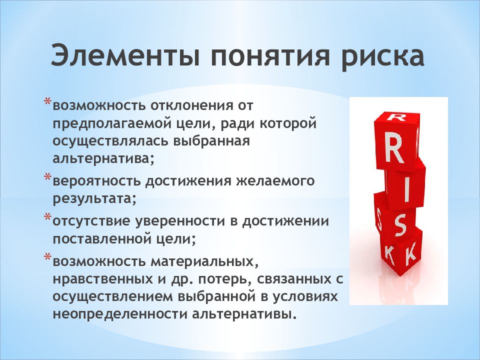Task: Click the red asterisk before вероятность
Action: [48, 177]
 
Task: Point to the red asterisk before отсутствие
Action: [48, 217]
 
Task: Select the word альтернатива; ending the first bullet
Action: [103, 159]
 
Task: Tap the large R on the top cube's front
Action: [394, 149]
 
